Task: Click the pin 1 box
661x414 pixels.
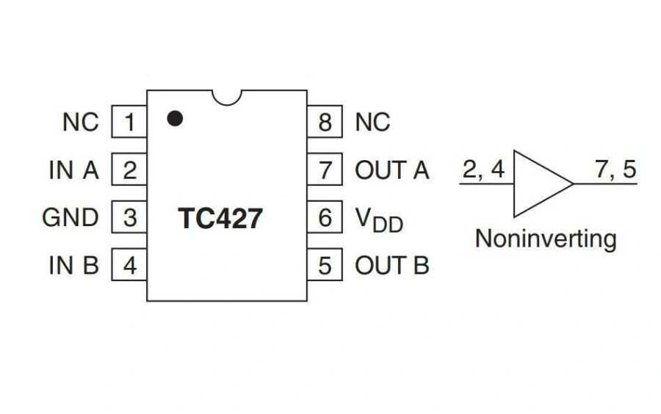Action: coord(129,122)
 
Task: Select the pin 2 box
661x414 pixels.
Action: coord(129,170)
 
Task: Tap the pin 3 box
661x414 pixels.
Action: coord(129,218)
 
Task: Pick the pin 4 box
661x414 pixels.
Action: coord(129,266)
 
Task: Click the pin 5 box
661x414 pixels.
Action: coord(325,266)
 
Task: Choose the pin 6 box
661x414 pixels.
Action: coord(325,218)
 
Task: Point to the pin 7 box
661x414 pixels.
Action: coord(325,170)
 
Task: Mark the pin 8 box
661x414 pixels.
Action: coord(325,122)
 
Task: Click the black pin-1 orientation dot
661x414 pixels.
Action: coord(174,117)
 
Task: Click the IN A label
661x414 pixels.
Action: coord(73,170)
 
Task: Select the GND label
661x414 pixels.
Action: coord(71,218)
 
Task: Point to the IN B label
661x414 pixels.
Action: coord(73,266)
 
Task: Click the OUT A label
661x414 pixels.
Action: coord(391,170)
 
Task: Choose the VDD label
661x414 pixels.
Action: coord(379,219)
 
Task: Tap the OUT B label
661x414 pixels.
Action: coord(391,266)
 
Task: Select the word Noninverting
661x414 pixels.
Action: coord(545,239)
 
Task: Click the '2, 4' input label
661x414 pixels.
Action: coord(483,170)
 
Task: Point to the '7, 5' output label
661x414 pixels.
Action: coord(615,170)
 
